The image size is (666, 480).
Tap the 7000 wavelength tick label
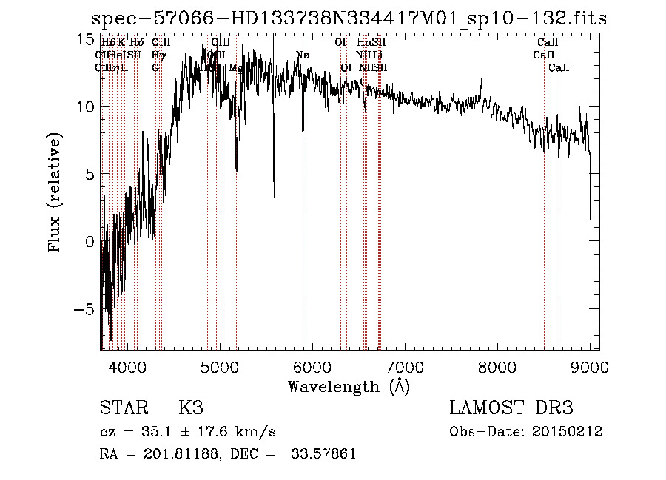pyautogui.click(x=405, y=366)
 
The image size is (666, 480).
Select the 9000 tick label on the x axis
pyautogui.click(x=590, y=366)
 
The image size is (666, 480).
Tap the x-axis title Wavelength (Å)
pyautogui.click(x=349, y=386)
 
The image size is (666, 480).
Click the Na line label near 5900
pyautogui.click(x=303, y=55)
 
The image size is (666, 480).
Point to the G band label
pyautogui.click(x=156, y=68)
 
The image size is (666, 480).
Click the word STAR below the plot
pyautogui.click(x=122, y=408)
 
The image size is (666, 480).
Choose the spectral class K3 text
pyautogui.click(x=191, y=408)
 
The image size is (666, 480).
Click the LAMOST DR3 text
pyautogui.click(x=511, y=408)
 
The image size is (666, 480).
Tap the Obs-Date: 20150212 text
pyautogui.click(x=525, y=432)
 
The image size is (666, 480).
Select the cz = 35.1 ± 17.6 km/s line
pyautogui.click(x=188, y=432)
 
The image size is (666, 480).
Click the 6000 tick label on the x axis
pyautogui.click(x=312, y=366)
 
